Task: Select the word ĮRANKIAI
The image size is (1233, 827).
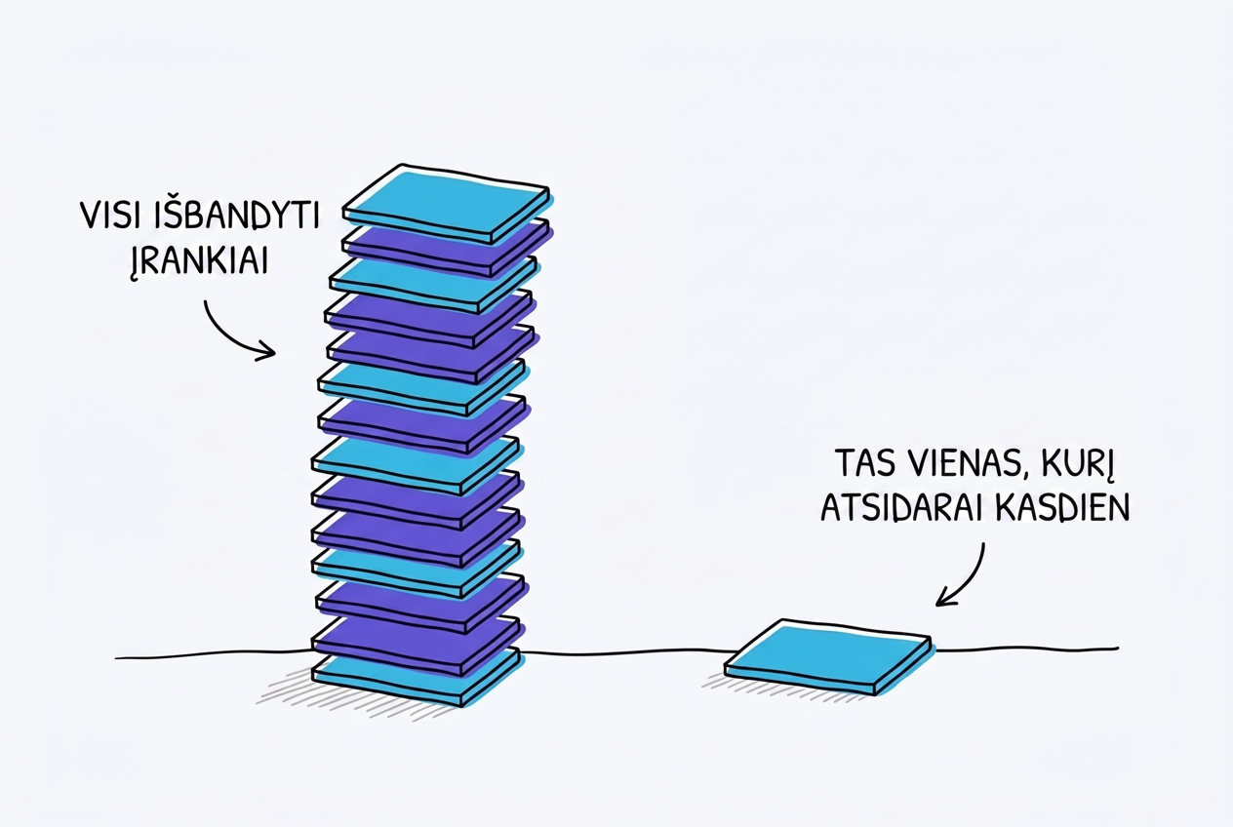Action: point(199,260)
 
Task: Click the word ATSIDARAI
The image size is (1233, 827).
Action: point(901,507)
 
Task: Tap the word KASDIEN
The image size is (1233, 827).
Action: point(1062,507)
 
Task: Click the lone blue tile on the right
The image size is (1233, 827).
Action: point(828,656)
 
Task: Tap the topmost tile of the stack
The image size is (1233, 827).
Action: point(447,203)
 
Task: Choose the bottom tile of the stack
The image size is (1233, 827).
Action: point(417,677)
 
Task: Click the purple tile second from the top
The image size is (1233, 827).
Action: point(447,248)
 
